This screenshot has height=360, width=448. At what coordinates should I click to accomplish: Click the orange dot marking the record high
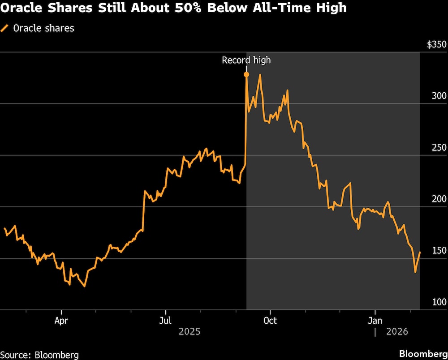pyautogui.click(x=246, y=74)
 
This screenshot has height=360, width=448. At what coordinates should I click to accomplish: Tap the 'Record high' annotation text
pyautogui.click(x=246, y=60)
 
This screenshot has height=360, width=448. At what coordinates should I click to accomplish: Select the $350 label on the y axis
pyautogui.click(x=436, y=45)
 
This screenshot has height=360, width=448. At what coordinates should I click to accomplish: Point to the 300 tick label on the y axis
pyautogui.click(x=439, y=96)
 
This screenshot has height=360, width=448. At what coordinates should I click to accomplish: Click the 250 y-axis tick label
pyautogui.click(x=439, y=148)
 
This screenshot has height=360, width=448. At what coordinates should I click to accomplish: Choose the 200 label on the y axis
pyautogui.click(x=439, y=199)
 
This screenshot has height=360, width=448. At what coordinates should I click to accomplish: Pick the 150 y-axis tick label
pyautogui.click(x=439, y=251)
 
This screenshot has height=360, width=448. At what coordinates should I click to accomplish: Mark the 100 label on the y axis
pyautogui.click(x=439, y=302)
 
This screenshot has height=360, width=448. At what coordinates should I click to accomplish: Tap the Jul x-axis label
pyautogui.click(x=165, y=321)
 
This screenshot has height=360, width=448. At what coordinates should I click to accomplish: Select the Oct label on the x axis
pyautogui.click(x=270, y=321)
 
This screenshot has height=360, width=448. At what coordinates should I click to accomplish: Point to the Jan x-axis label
pyautogui.click(x=375, y=321)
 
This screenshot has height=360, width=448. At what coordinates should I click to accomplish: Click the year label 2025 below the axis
pyautogui.click(x=190, y=332)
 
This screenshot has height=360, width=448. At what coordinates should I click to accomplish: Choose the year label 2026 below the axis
pyautogui.click(x=397, y=332)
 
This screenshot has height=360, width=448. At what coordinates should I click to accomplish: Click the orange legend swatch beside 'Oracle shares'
pyautogui.click(x=4, y=28)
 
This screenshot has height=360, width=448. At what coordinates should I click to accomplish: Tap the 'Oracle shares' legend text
pyautogui.click(x=43, y=28)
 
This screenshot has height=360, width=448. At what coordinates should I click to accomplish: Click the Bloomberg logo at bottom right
pyautogui.click(x=423, y=353)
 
